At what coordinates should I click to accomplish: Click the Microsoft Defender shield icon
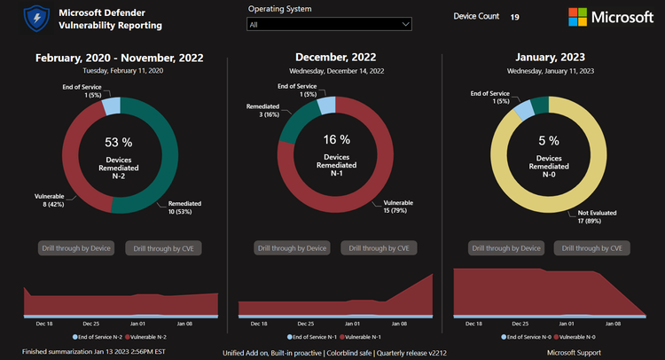[36, 19]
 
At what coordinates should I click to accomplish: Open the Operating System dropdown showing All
[331, 25]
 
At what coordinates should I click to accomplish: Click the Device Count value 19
[515, 17]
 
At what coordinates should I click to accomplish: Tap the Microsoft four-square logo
[577, 18]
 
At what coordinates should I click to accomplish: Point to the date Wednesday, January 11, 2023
[551, 70]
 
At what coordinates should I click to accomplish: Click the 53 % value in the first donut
[118, 142]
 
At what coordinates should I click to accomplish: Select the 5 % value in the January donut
[549, 140]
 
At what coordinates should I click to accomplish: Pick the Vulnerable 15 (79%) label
[400, 206]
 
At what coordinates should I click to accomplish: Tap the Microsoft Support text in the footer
[574, 352]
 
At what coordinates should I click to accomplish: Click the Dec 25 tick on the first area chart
[90, 325]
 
